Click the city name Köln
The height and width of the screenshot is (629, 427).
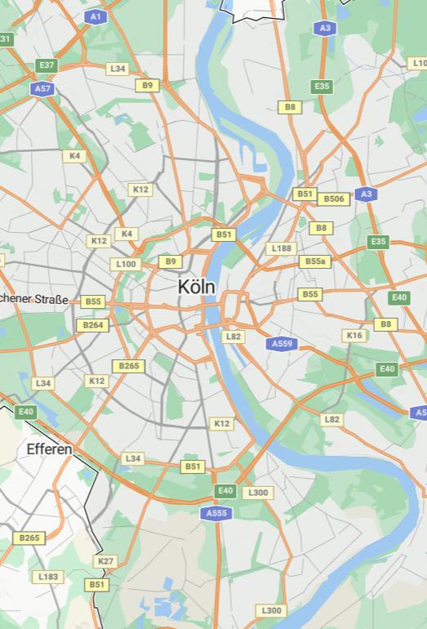197,287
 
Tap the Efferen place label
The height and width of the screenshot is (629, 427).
49,449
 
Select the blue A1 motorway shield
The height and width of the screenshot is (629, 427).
96,16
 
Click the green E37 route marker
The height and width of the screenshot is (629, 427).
47,65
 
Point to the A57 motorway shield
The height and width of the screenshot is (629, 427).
42,88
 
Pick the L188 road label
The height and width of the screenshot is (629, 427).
280,248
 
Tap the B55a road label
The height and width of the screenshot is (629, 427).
314,261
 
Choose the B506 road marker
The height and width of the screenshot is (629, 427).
334,199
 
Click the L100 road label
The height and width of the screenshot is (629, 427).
127,264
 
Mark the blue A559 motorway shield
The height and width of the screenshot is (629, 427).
282,344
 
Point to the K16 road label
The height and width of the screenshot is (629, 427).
354,335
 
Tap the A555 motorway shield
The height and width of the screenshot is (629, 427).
216,513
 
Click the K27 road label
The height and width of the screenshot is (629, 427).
105,561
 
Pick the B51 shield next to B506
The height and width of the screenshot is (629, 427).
305,194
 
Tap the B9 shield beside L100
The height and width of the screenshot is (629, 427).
170,261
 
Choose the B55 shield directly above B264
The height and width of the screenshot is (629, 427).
93,301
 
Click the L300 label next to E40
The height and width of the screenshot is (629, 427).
258,493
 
